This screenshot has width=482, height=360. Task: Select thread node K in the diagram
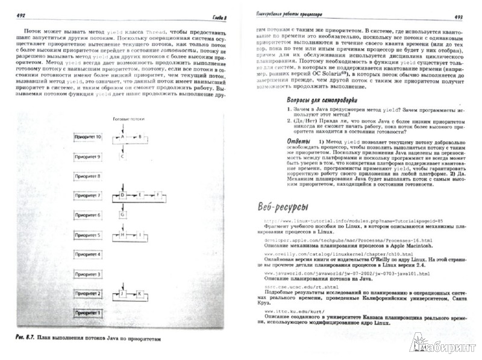click(140, 294)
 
